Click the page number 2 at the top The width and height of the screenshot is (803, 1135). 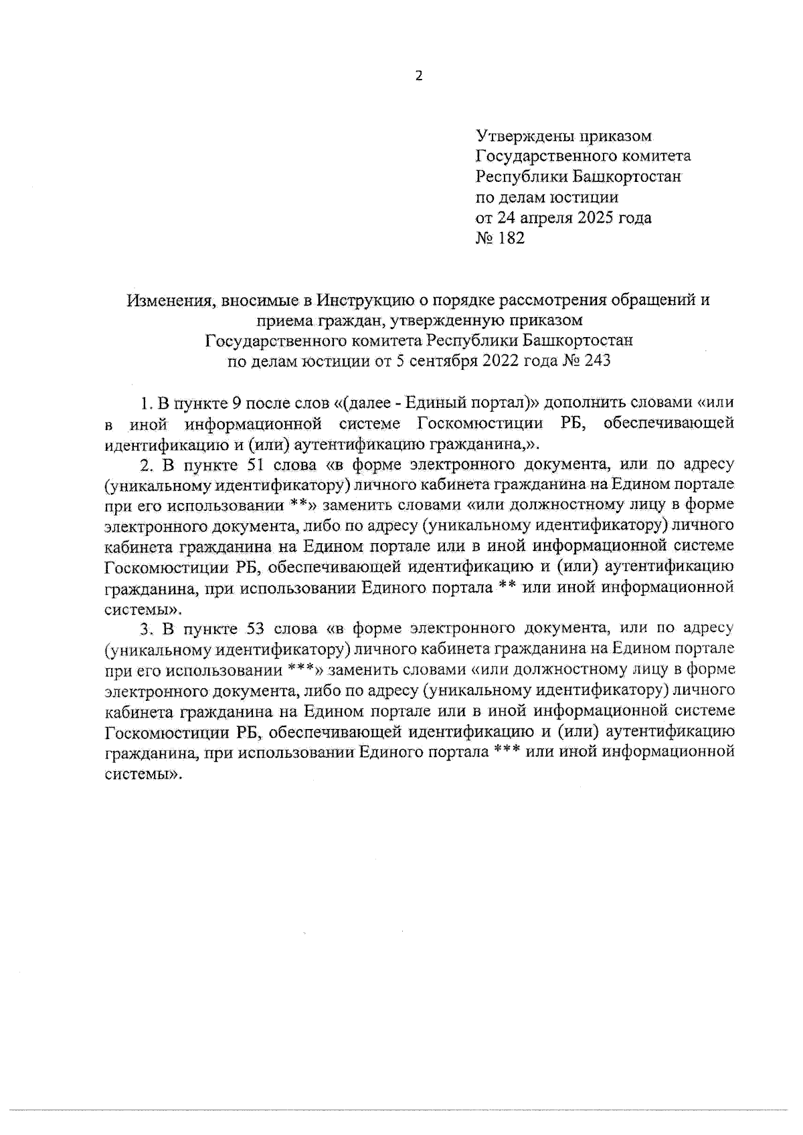point(420,76)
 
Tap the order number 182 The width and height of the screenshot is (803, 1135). point(511,238)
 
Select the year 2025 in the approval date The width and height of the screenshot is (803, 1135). point(590,217)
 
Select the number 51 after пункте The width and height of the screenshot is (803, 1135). point(251,463)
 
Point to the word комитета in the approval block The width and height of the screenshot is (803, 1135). point(653,157)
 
